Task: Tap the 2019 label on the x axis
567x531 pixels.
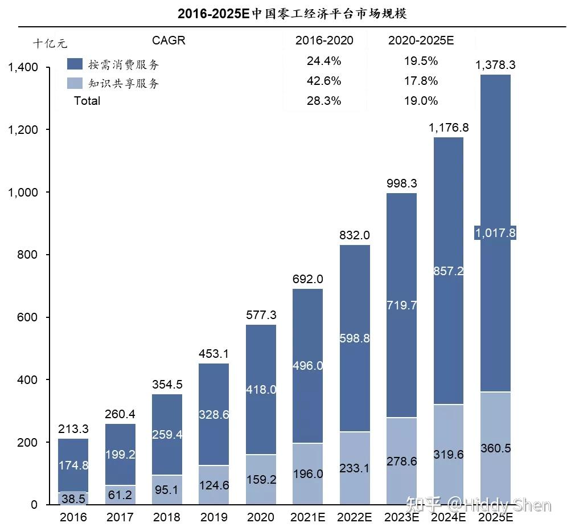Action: (x=213, y=517)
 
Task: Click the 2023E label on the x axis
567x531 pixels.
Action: (x=401, y=517)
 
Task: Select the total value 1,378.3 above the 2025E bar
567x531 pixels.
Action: (x=495, y=65)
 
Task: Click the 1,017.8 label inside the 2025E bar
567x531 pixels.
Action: (x=495, y=232)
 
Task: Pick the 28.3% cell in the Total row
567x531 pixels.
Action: (x=324, y=101)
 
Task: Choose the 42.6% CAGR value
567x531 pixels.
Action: (x=324, y=81)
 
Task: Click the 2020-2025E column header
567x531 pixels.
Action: (x=421, y=40)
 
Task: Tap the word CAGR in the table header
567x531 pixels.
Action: (x=169, y=40)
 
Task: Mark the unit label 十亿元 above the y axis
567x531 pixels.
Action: (x=50, y=43)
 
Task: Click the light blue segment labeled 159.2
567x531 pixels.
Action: (x=261, y=480)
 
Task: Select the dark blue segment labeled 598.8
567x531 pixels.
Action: (x=355, y=338)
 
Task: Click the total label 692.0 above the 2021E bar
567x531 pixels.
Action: (x=308, y=279)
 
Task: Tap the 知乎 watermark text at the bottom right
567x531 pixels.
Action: (x=421, y=505)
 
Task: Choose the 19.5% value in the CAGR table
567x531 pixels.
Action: (x=421, y=61)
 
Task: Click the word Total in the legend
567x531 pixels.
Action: (x=87, y=101)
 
